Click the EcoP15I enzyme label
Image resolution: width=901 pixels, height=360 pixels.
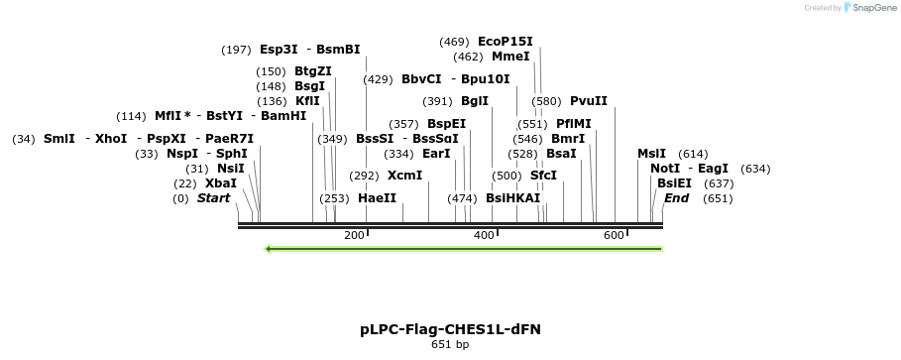click(x=505, y=42)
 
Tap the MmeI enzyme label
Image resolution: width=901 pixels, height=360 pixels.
click(x=510, y=57)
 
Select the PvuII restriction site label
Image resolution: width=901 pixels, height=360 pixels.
click(x=588, y=101)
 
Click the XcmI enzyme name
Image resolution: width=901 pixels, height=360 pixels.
click(x=404, y=176)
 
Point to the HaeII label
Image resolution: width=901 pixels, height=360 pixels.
click(x=377, y=198)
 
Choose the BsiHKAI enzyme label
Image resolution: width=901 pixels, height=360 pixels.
click(x=512, y=198)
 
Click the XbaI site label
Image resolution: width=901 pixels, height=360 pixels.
click(x=221, y=183)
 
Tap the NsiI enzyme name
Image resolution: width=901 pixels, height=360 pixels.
click(x=230, y=169)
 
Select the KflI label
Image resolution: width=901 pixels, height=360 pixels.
click(x=307, y=101)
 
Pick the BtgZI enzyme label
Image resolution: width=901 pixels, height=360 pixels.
click(x=312, y=71)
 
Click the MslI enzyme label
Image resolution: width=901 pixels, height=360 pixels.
click(x=651, y=154)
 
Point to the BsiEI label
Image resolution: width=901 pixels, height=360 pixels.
click(x=674, y=183)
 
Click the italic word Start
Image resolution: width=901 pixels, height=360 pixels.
click(x=213, y=198)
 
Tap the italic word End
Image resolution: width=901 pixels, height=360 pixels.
click(x=676, y=198)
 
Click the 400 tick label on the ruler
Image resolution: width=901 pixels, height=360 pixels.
click(x=484, y=235)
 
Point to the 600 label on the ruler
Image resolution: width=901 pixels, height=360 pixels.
click(x=614, y=235)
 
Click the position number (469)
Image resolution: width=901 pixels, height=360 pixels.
click(x=454, y=42)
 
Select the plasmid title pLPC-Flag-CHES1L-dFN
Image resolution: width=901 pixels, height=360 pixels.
click(x=450, y=328)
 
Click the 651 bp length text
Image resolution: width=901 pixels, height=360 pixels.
click(x=450, y=345)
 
